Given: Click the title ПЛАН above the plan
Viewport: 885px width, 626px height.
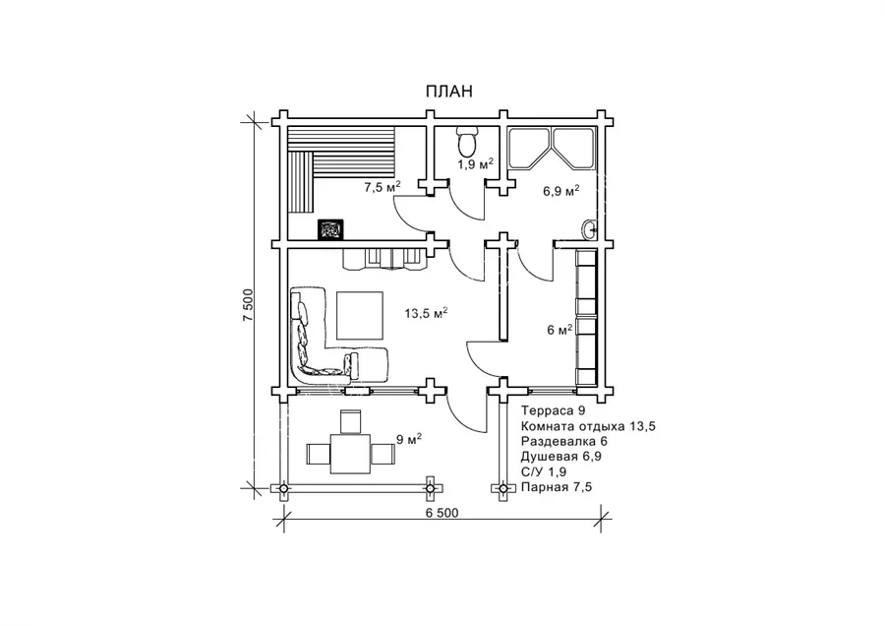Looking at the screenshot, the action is coord(448,91).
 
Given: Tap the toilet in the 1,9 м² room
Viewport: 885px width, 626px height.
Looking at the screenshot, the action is coord(467,142).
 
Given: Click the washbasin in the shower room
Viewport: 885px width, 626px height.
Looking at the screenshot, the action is coord(589,228).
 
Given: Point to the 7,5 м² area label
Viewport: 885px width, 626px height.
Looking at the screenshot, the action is coord(383,187).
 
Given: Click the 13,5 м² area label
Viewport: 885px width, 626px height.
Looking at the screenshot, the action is coord(426,313).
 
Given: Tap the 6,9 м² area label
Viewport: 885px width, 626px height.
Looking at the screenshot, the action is coord(561,191).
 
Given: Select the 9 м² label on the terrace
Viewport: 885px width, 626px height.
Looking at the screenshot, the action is coord(409,439).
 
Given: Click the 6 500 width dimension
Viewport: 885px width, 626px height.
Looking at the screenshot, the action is coord(442,513).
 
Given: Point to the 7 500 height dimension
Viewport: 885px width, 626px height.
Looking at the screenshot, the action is coord(249,305).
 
